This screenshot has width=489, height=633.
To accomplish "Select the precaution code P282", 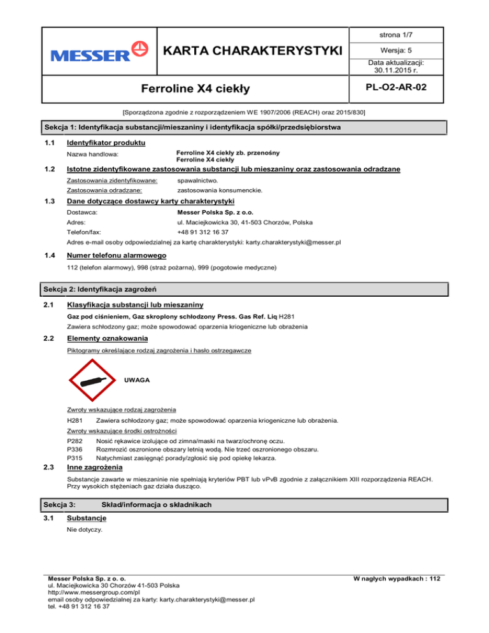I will (74, 441).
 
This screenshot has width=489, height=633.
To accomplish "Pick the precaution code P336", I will (74, 449).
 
